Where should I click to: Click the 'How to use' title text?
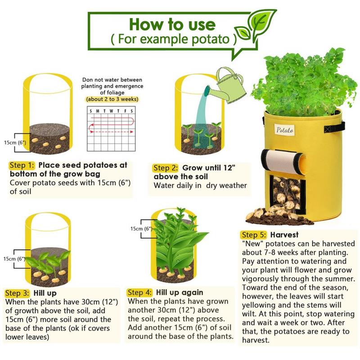pyautogui.click(x=172, y=24)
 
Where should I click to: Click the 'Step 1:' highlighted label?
pyautogui.click(x=22, y=165)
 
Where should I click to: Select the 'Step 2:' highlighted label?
pyautogui.click(x=165, y=168)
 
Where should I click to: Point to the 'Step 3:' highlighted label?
pyautogui.click(x=17, y=293)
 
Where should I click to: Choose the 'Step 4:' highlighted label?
pyautogui.click(x=139, y=292)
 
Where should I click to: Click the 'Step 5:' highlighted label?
pyautogui.click(x=254, y=235)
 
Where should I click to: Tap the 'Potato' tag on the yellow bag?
pyautogui.click(x=285, y=130)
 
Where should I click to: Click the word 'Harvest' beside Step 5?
pyautogui.click(x=284, y=235)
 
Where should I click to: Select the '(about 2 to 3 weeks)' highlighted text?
pyautogui.click(x=112, y=99)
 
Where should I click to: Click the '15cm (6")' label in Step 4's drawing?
pyautogui.click(x=141, y=229)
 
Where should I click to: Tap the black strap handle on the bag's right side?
pyautogui.click(x=334, y=127)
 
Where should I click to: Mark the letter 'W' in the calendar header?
pyautogui.click(x=111, y=111)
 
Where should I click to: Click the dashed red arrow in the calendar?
pyautogui.click(x=111, y=132)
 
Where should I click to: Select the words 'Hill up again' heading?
pyautogui.click(x=180, y=292)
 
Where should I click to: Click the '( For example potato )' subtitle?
pyautogui.click(x=174, y=39)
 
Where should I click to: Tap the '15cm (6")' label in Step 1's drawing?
pyautogui.click(x=15, y=143)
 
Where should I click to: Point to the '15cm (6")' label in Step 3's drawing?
pyautogui.click(x=14, y=259)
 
